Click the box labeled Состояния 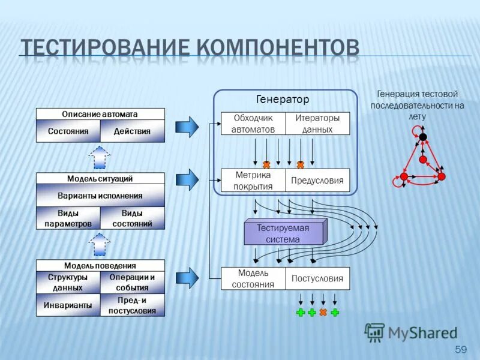point(68,131)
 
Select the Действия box point(132,131)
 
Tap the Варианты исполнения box point(100,196)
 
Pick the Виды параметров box point(68,218)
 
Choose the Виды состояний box point(132,218)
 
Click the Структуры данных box point(68,282)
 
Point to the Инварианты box point(68,305)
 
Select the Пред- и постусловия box point(132,305)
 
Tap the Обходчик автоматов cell point(253,124)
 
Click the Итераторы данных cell point(317,124)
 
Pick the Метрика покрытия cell point(253,180)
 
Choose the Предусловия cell point(317,180)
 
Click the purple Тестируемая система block point(283,233)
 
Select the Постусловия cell point(317,278)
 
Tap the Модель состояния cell point(253,278)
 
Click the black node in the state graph point(423,137)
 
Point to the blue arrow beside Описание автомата point(187,127)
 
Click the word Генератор point(283,99)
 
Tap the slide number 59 point(461,349)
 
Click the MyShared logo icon point(375,332)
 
